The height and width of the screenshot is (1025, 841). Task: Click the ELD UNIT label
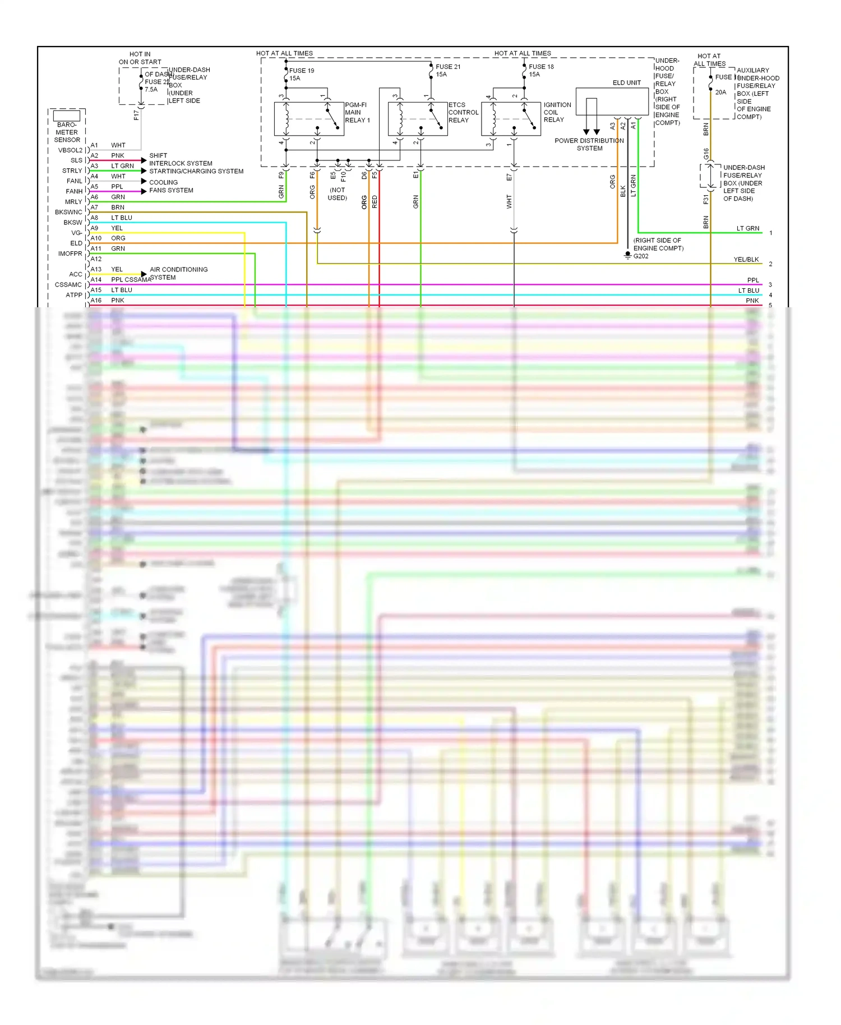coord(626,82)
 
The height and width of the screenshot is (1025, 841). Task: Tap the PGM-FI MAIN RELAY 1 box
coord(308,119)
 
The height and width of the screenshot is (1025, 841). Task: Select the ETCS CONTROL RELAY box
coord(418,119)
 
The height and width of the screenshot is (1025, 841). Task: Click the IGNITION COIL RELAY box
coord(511,119)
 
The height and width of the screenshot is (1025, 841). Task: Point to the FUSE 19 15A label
coord(302,75)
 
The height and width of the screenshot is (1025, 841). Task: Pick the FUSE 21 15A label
coord(448,71)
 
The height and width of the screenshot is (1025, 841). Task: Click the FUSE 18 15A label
coord(541,71)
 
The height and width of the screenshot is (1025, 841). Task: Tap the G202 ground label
coord(641,256)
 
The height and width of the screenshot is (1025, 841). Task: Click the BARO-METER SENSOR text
coord(67,132)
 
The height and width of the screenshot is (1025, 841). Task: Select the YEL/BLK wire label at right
coord(746,260)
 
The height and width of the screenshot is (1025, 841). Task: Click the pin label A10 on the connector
coord(96,238)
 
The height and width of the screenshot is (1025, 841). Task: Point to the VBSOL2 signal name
coord(70,150)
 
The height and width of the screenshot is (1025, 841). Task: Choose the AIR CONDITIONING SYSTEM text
coord(178,274)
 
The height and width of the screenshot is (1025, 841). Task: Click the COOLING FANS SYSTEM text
coord(171,186)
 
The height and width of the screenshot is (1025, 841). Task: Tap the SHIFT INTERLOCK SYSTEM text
coord(180,159)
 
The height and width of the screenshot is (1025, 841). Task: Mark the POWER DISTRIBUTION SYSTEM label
coord(589,145)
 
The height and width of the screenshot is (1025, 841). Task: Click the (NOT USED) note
coord(337,194)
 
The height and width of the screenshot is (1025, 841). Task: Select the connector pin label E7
coord(509,177)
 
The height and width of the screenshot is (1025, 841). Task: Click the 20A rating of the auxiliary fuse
coord(720,92)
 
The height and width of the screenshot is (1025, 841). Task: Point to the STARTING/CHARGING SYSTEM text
coord(196,171)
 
